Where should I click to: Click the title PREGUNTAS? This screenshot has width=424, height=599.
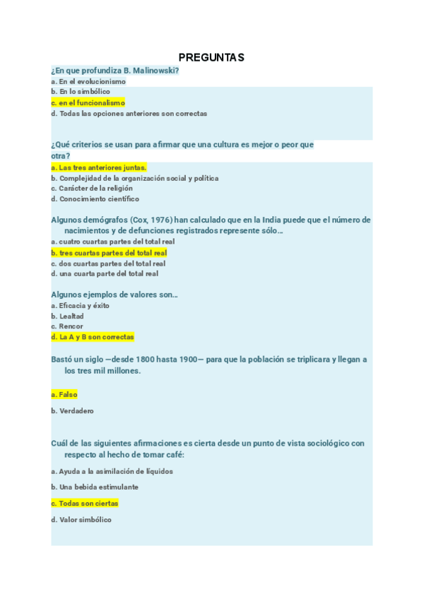pyautogui.click(x=211, y=57)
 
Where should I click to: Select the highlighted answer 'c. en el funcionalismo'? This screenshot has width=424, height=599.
pyautogui.click(x=88, y=102)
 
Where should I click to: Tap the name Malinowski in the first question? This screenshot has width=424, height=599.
pyautogui.click(x=153, y=71)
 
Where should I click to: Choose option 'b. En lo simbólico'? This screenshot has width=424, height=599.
pyautogui.click(x=81, y=92)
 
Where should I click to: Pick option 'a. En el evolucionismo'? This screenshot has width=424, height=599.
pyautogui.click(x=88, y=81)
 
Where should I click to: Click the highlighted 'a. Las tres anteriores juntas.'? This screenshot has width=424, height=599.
pyautogui.click(x=99, y=167)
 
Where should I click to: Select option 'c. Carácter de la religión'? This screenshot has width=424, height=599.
pyautogui.click(x=92, y=189)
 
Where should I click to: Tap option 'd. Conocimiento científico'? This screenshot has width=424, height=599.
pyautogui.click(x=95, y=199)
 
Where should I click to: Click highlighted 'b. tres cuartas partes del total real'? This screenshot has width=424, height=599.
pyautogui.click(x=109, y=252)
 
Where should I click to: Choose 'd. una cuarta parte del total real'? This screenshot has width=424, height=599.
pyautogui.click(x=105, y=273)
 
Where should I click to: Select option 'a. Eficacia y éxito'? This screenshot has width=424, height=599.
pyautogui.click(x=81, y=306)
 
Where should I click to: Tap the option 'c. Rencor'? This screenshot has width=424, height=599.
pyautogui.click(x=67, y=326)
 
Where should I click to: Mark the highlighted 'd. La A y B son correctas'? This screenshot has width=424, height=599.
pyautogui.click(x=93, y=337)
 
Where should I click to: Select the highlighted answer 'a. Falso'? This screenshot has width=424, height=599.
pyautogui.click(x=64, y=395)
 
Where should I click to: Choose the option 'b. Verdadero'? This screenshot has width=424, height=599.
pyautogui.click(x=72, y=410)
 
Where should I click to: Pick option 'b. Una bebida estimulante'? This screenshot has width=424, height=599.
pyautogui.click(x=95, y=487)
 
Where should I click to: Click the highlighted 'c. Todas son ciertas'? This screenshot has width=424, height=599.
pyautogui.click(x=85, y=503)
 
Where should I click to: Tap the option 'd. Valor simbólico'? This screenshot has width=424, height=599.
pyautogui.click(x=81, y=520)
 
